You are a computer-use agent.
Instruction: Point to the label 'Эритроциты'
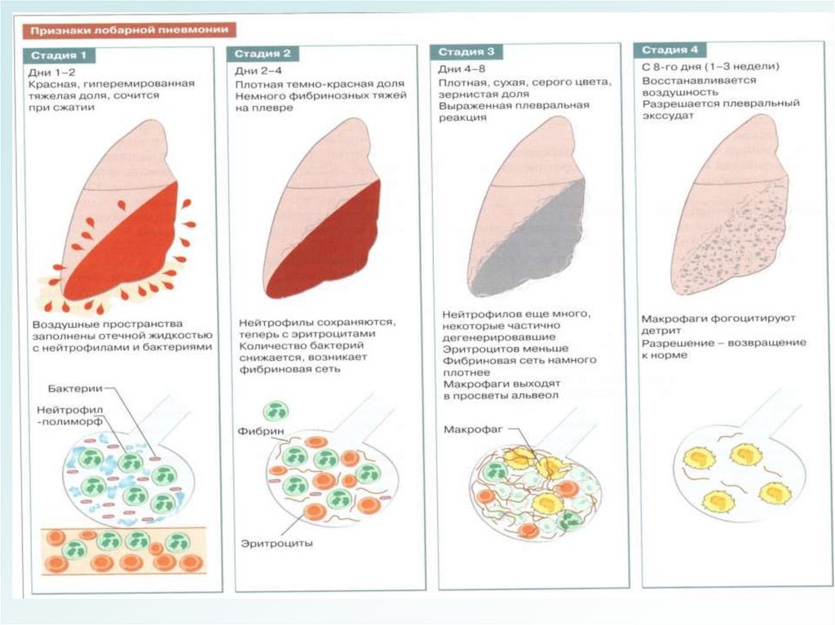point(277,542)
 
